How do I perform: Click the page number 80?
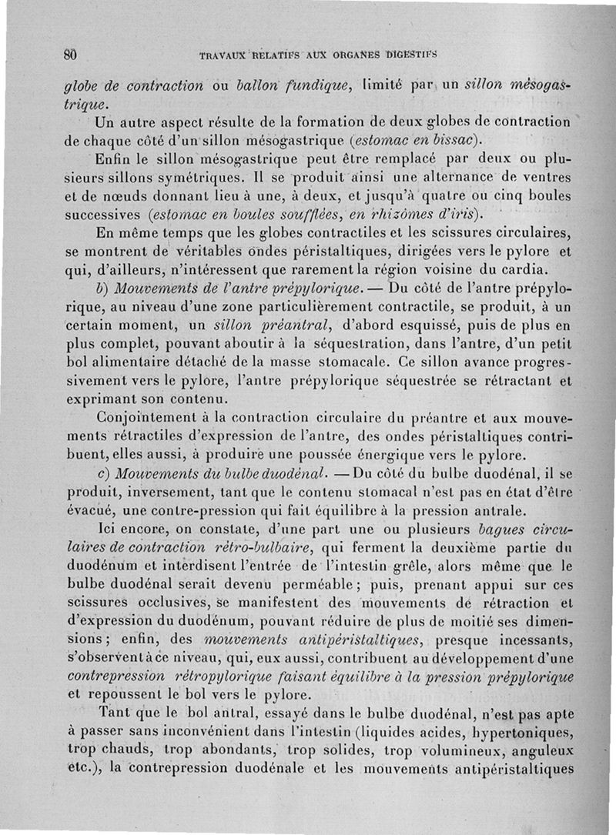coord(71,55)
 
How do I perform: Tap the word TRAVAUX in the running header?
coord(223,56)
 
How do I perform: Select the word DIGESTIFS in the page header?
coord(412,55)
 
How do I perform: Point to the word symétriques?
coord(186,177)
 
